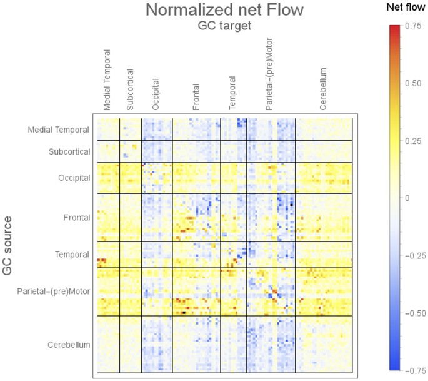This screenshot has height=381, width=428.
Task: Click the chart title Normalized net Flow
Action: pyautogui.click(x=224, y=11)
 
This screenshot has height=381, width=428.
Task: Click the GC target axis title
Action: pyautogui.click(x=224, y=26)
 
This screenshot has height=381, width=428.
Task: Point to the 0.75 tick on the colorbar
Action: pyautogui.click(x=414, y=26)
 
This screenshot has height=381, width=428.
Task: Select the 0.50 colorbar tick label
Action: pyautogui.click(x=414, y=83)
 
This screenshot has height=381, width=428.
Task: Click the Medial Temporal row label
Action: pyautogui.click(x=59, y=130)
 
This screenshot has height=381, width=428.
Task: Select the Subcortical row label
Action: pyautogui.click(x=69, y=152)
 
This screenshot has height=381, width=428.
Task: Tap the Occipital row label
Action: pyautogui.click(x=74, y=178)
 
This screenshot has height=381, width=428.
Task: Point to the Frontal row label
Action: pyautogui.click(x=77, y=218)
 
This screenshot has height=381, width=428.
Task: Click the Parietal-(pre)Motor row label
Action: pyautogui.click(x=54, y=292)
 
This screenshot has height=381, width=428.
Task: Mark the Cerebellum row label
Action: pyautogui.click(x=69, y=345)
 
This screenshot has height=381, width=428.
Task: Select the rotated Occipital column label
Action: pyautogui.click(x=156, y=94)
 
